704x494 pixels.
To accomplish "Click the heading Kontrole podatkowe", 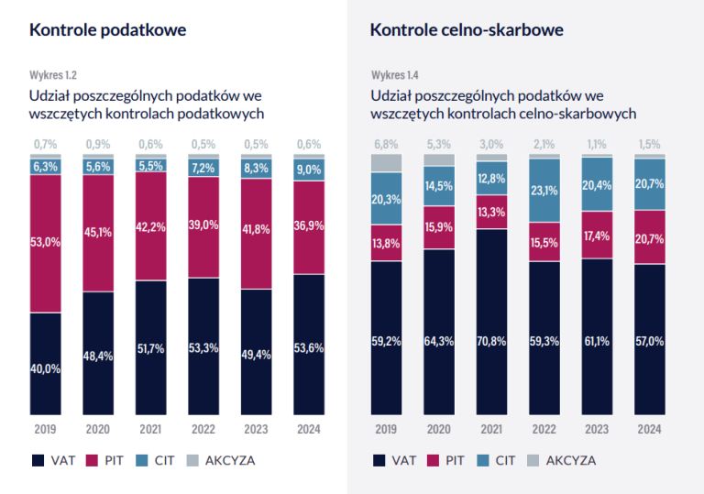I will click(x=108, y=30).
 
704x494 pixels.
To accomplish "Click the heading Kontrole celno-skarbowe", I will click(x=467, y=30).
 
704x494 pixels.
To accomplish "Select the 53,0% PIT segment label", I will click(x=46, y=243).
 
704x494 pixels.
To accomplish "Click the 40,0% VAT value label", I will click(x=46, y=368).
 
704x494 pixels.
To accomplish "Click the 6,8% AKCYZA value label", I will click(x=387, y=145).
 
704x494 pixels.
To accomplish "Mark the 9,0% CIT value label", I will click(x=309, y=169).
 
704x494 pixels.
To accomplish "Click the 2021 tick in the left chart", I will click(x=151, y=426).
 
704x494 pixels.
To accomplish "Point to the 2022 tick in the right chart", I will click(x=545, y=426).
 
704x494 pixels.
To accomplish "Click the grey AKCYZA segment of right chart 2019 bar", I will click(x=387, y=163).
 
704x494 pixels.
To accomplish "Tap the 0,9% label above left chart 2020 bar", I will click(x=98, y=145).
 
